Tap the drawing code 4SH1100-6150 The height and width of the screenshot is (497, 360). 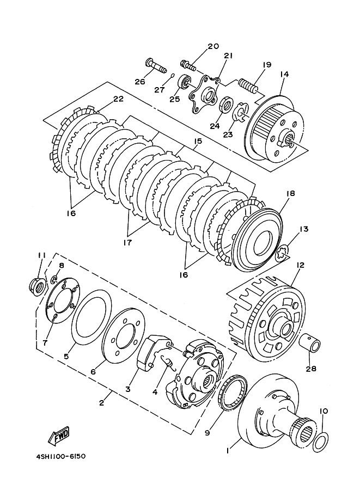pos(61,456)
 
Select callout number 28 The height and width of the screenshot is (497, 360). pos(311,369)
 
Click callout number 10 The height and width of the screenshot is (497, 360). pos(324,411)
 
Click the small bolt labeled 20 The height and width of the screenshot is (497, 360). pos(188,66)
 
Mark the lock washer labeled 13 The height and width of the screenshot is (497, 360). pos(282,254)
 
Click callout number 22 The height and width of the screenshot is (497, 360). pos(118,99)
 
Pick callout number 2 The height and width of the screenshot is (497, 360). pos(101,403)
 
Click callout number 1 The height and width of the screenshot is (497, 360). pos(228,451)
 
